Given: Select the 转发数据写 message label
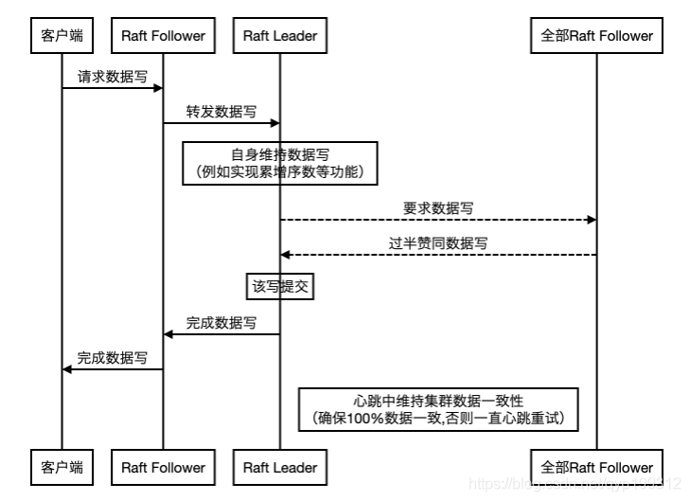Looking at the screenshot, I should point(221,111).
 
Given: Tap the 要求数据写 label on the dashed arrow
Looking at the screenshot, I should point(437,207).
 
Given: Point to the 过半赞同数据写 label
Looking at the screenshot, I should point(437,242).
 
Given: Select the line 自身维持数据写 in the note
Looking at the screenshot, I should point(279,154).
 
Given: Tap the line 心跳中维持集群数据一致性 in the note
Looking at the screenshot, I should point(437,400).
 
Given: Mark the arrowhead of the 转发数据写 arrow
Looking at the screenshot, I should point(274,122).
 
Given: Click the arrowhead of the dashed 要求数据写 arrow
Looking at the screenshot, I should point(592,220).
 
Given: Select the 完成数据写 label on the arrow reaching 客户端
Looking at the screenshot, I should point(112,357).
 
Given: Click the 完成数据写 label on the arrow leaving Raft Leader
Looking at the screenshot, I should point(221,323).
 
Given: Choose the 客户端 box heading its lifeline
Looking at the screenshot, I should point(62,36).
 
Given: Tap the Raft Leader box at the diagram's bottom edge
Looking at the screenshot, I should point(279,467).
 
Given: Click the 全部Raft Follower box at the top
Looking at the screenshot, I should point(596,36).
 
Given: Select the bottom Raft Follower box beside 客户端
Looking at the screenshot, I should point(163,467).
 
